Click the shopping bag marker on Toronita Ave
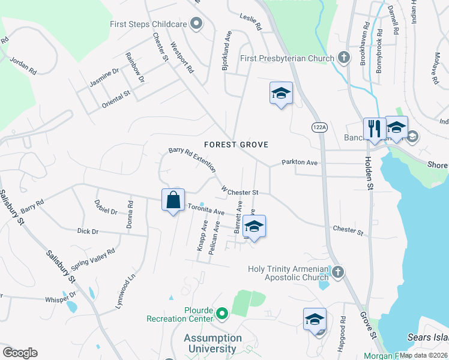coord(173,200)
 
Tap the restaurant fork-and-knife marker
coord(373,128)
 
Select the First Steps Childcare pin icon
coord(196,24)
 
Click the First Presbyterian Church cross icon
coord(343,58)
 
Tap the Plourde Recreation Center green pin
coord(222,313)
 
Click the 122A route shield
coord(319,127)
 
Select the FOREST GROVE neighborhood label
coord(236,145)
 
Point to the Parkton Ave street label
coord(300,163)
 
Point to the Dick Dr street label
coord(88,231)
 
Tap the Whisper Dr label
coord(61,299)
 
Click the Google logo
coord(20,352)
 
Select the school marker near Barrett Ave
coord(254,227)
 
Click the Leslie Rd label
coord(251,22)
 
